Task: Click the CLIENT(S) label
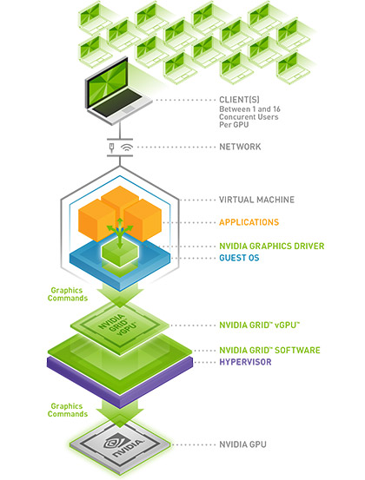[239, 100]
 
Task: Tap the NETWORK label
[240, 147]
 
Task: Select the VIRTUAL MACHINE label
[256, 200]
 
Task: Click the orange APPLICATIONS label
[249, 222]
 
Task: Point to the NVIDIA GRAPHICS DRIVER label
[271, 247]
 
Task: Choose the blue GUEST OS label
[239, 258]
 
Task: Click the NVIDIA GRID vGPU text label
[259, 325]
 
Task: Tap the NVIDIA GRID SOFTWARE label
[269, 350]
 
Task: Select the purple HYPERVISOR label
[245, 362]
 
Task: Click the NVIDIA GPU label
[242, 444]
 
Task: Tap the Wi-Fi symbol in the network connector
[127, 148]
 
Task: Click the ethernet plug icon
[111, 148]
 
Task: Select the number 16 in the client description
[276, 109]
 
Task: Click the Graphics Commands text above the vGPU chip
[68, 294]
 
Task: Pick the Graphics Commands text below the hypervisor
[68, 410]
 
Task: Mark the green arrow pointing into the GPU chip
[120, 413]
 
